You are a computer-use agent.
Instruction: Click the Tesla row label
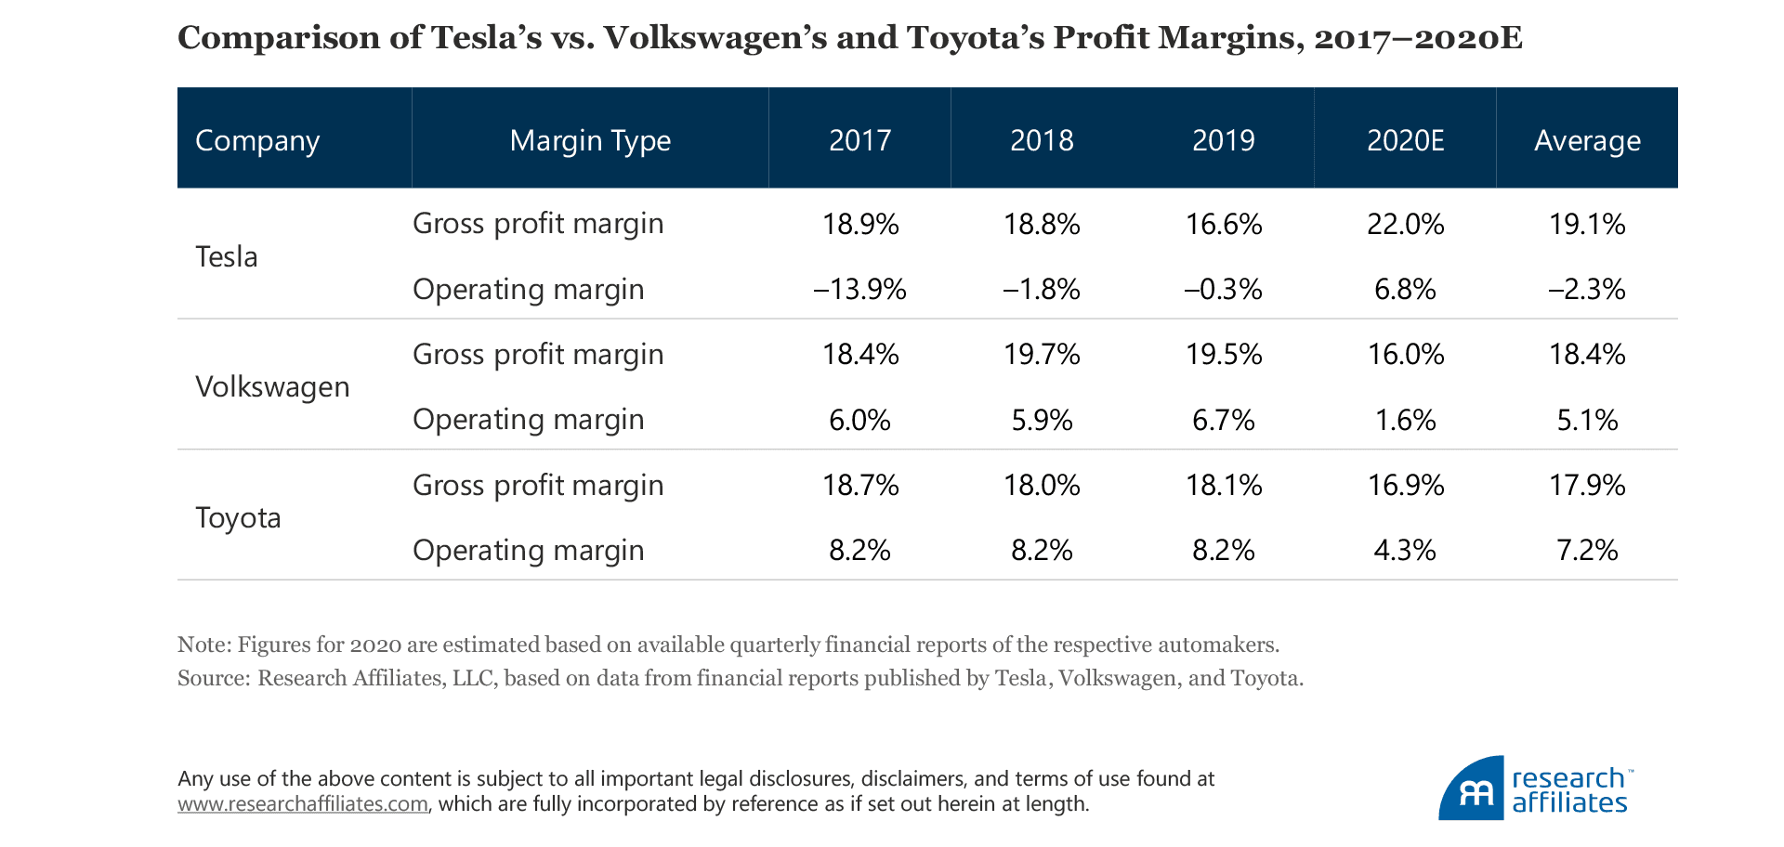click(x=227, y=256)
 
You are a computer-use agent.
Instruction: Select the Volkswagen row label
click(x=272, y=386)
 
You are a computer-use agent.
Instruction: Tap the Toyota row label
click(x=238, y=517)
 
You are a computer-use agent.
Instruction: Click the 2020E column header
click(x=1405, y=140)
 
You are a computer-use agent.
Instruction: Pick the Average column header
click(x=1587, y=140)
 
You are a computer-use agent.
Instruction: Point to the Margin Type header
click(x=590, y=140)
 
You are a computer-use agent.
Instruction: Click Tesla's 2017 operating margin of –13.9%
click(x=859, y=290)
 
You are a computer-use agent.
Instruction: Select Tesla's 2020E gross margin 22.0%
click(x=1405, y=224)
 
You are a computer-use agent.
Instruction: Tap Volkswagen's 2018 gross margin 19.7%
click(x=1042, y=354)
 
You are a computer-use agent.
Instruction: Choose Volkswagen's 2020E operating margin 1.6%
click(x=1405, y=420)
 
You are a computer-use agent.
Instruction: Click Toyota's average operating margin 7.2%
click(x=1587, y=550)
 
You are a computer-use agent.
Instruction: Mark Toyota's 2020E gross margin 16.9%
click(x=1405, y=485)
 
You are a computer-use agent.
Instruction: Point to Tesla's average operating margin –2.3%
click(x=1587, y=290)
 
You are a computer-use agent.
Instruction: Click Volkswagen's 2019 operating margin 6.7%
click(x=1224, y=420)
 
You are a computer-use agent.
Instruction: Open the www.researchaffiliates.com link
click(x=303, y=804)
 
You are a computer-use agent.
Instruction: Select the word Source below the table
click(x=211, y=678)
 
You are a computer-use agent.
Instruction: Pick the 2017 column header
click(x=859, y=140)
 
